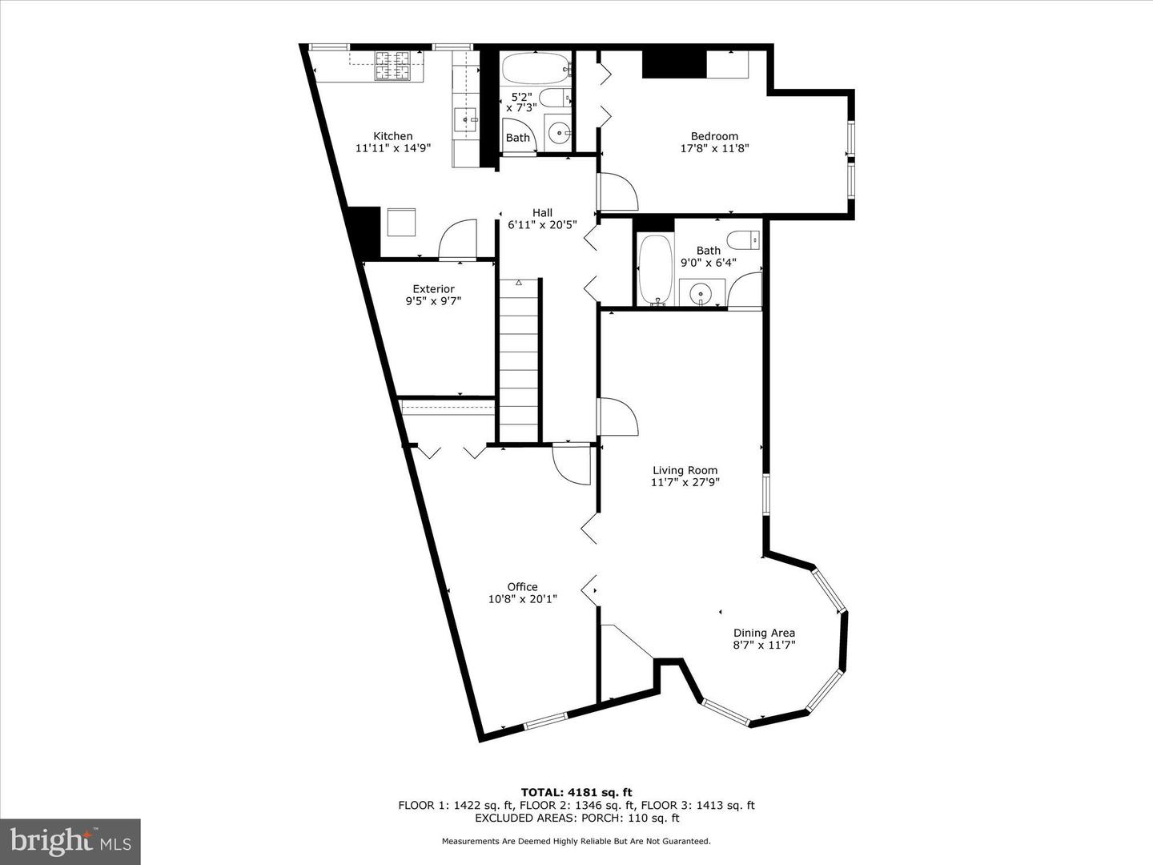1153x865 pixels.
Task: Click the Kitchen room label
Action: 393,136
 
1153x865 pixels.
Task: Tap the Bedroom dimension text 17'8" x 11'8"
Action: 714,148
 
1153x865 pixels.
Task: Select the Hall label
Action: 542,212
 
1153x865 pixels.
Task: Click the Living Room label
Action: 685,470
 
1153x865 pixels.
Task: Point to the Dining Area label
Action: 764,633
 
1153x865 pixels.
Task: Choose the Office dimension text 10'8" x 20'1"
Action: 523,599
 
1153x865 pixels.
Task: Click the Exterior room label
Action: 433,289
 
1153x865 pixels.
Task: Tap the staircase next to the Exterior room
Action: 519,360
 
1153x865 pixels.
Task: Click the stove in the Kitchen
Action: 392,66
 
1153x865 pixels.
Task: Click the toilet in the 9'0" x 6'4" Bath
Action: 744,239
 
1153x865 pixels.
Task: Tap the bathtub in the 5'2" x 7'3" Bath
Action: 535,69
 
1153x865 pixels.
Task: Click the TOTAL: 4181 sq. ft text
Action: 576,792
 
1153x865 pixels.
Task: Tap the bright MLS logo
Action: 70,841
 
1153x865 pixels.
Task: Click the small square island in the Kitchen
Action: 401,222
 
